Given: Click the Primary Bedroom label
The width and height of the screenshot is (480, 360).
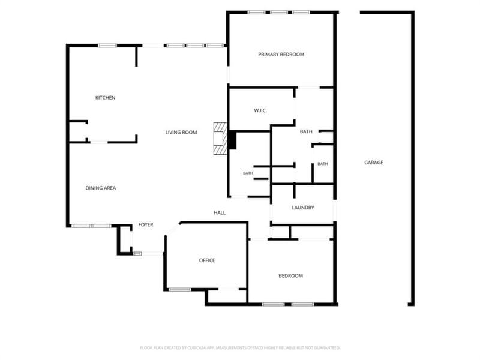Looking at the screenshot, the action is click(281, 55).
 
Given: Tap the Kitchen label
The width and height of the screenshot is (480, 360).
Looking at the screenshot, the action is click(106, 98).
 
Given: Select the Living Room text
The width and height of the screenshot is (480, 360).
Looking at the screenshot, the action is click(181, 132).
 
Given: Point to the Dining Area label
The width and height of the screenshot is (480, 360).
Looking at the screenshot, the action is click(100, 188).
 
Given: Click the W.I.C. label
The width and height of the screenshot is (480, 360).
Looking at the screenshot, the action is click(260, 110).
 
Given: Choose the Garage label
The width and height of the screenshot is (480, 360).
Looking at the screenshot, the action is click(373, 163).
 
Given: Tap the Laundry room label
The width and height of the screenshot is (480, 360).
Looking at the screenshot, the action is click(303, 208).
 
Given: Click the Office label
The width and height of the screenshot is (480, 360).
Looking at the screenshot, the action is click(207, 260).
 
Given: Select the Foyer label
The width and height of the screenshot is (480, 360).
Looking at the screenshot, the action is click(146, 224).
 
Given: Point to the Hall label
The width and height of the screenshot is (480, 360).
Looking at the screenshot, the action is click(220, 213).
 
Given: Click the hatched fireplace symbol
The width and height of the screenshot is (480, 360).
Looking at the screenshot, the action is click(220, 139).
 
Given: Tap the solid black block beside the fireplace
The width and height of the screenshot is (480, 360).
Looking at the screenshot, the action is click(232, 140).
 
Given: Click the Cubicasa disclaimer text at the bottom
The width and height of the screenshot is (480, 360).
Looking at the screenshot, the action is click(240, 348).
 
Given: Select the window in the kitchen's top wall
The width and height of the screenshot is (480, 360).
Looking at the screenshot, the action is click(107, 46).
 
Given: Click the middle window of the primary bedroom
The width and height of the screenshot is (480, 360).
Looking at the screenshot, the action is click(278, 13).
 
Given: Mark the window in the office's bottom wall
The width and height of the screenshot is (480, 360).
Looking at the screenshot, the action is click(179, 289).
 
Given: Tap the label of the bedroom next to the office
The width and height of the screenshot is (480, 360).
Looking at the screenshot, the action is click(290, 276).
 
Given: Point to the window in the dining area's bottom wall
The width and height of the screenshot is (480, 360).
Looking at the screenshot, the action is click(91, 226).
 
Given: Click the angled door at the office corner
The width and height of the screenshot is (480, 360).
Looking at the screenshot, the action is click(173, 229).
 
